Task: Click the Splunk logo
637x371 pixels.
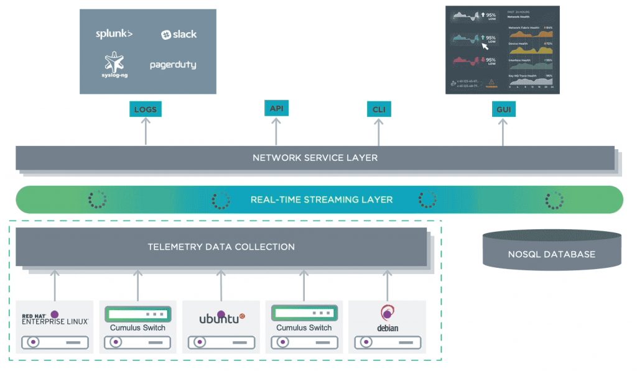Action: [x=114, y=34]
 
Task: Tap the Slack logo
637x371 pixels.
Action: [x=179, y=35]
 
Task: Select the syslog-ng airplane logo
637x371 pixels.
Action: [x=114, y=63]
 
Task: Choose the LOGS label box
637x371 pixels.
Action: [x=145, y=110]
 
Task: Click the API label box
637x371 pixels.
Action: [x=276, y=108]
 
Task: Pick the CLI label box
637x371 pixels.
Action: [x=379, y=110]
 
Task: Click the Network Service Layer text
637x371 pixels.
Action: [x=315, y=158]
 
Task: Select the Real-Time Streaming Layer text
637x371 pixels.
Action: [x=321, y=199]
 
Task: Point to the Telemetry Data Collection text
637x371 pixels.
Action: [x=221, y=247]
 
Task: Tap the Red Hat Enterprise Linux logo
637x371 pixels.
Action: [x=55, y=318]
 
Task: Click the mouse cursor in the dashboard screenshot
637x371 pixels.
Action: [x=485, y=45]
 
